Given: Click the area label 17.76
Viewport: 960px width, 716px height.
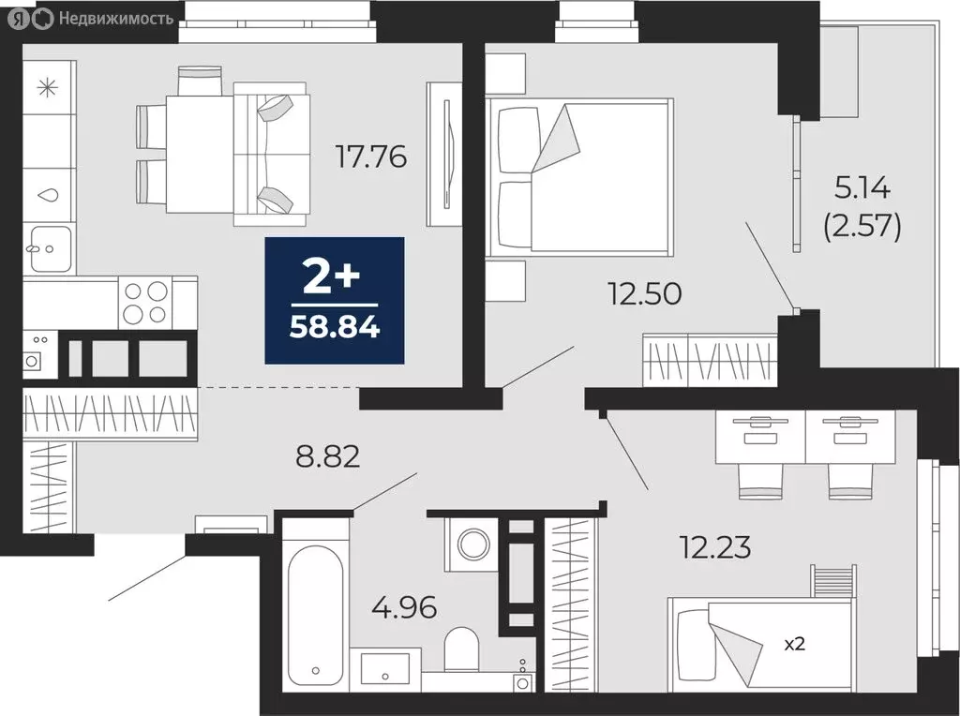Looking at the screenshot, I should (371, 156).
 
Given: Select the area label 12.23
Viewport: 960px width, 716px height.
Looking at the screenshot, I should (715, 546).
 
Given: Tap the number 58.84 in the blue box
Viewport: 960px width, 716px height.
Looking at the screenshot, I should (335, 328).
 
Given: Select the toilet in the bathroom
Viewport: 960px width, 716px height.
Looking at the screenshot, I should (461, 648).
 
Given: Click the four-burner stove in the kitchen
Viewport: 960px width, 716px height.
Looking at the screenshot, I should (145, 302).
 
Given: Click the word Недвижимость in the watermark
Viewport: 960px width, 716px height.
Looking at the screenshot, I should (115, 18).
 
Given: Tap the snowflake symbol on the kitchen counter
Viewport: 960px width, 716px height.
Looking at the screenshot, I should (46, 89).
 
